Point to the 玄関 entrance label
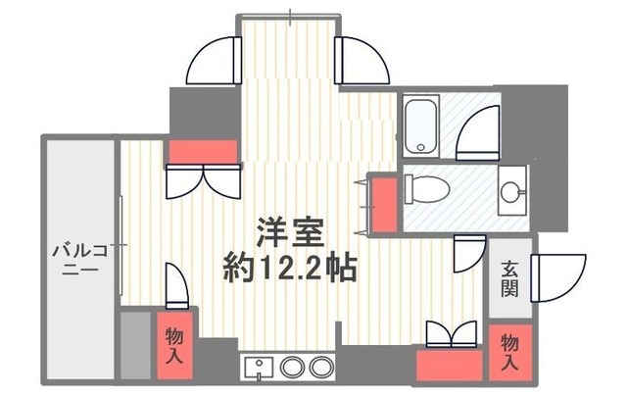[x=509, y=277]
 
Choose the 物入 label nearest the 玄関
[x=509, y=350]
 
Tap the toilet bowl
[x=424, y=186]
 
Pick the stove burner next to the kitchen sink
[x=292, y=368]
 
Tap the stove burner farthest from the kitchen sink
[x=320, y=368]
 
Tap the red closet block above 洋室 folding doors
[x=203, y=152]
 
